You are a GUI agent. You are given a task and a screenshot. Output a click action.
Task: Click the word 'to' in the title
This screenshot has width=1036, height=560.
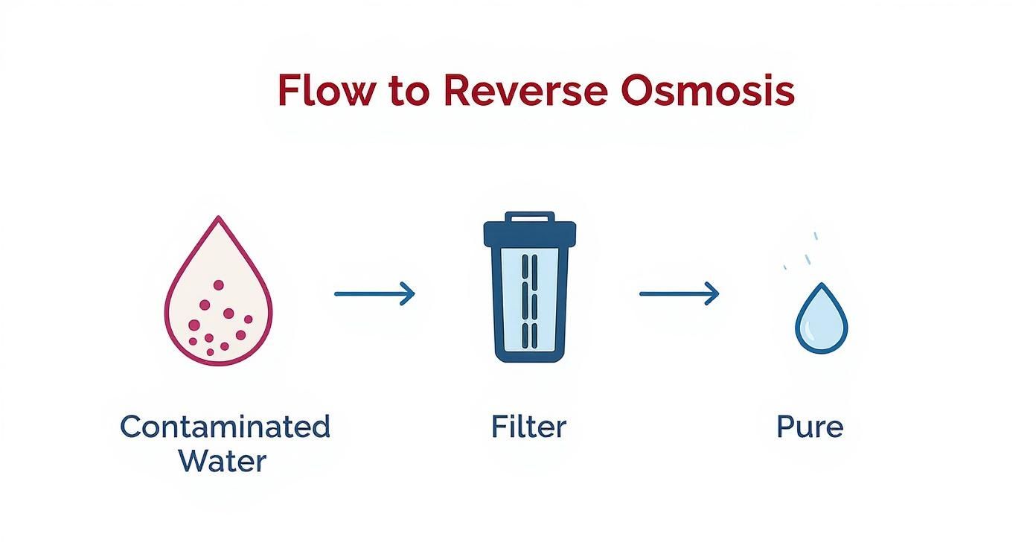[x=406, y=91]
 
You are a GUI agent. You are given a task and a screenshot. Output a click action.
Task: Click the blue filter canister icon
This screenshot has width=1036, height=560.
[x=529, y=290]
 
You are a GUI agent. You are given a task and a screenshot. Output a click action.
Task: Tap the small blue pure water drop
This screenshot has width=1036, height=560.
[x=821, y=320]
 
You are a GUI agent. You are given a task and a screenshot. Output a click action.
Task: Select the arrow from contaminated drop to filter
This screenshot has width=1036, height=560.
[x=374, y=293]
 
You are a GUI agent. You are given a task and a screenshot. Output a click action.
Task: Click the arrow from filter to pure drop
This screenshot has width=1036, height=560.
[x=680, y=293]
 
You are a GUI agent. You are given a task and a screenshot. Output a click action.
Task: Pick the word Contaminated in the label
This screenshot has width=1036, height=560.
[x=225, y=427]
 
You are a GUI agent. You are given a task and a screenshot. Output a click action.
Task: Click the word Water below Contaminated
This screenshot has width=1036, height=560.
[x=222, y=461]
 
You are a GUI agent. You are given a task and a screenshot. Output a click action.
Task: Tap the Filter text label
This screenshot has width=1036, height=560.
[x=528, y=427]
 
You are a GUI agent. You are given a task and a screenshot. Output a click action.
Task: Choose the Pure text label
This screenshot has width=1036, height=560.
[x=810, y=427]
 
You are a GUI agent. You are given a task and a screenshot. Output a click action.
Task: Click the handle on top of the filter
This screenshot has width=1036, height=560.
[x=529, y=217]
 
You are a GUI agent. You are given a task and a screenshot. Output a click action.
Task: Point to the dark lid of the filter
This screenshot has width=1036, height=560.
[x=529, y=234]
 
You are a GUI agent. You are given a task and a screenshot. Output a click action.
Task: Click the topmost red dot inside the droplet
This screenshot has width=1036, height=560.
[x=218, y=285]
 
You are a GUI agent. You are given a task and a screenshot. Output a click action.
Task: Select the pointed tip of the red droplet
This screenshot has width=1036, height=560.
[x=218, y=220]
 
